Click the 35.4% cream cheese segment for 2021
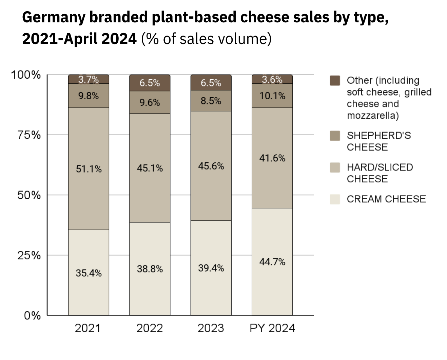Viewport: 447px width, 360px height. click(x=89, y=273)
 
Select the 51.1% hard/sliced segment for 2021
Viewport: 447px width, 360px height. click(x=89, y=169)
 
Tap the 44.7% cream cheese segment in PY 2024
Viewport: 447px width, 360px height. click(x=272, y=261)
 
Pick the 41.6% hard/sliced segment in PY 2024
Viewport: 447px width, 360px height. click(x=272, y=158)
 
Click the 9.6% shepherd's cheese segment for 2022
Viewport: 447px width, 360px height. click(x=150, y=102)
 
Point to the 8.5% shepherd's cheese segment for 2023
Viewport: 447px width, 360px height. click(x=211, y=101)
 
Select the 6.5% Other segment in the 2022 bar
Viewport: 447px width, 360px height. click(x=150, y=83)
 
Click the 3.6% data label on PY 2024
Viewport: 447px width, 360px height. click(x=272, y=79)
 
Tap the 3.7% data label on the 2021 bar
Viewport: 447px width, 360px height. click(x=89, y=79)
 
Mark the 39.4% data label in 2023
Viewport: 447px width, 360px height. click(x=211, y=268)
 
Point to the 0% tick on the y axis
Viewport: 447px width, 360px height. click(x=32, y=316)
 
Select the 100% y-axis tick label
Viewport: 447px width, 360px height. click(x=26, y=75)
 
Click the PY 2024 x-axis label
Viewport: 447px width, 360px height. click(x=272, y=328)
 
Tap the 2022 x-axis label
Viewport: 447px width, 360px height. click(x=150, y=328)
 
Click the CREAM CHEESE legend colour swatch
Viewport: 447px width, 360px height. click(x=335, y=199)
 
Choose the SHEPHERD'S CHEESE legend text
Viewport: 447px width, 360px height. click(x=378, y=141)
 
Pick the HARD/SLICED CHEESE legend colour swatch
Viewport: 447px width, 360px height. click(x=335, y=167)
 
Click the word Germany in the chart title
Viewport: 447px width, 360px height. click(x=54, y=17)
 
